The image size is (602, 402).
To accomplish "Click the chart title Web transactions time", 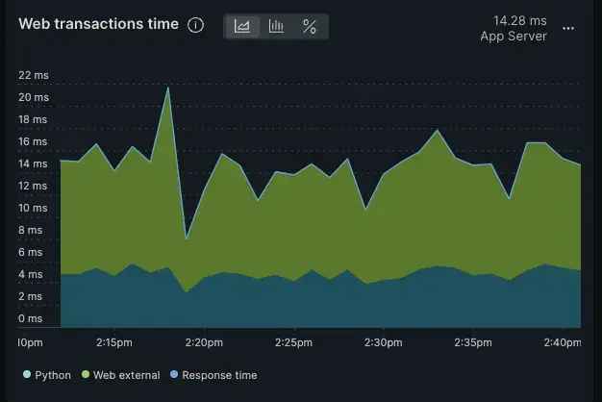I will point(98,25).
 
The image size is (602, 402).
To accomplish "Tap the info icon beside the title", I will point(196,25).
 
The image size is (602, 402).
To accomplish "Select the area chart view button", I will point(242,26).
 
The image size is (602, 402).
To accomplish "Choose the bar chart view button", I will point(276,26).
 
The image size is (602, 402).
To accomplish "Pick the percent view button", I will point(310,26).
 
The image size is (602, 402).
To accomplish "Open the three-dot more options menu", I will point(568,29).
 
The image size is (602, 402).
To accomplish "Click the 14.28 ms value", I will point(519,19).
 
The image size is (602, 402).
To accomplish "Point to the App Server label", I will point(514,37).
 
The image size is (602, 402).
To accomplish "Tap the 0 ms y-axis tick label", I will point(33,318).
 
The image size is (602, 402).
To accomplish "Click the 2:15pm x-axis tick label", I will point(114,342).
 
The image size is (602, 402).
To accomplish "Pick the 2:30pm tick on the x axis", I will point(383,342).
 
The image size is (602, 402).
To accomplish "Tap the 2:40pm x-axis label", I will point(562,342).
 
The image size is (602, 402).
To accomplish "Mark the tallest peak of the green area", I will point(168,88).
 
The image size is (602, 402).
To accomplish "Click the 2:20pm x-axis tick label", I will point(204,342).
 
